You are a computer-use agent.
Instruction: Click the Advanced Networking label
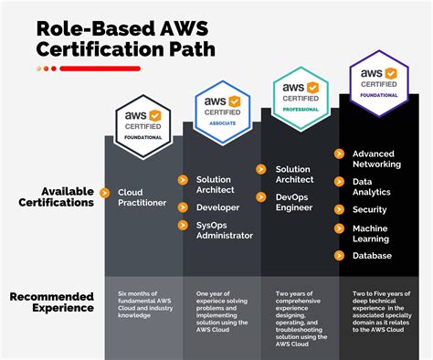pyautogui.click(x=376, y=160)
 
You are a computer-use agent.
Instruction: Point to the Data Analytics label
pyautogui.click(x=371, y=187)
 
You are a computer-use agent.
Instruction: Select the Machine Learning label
pyautogui.click(x=375, y=234)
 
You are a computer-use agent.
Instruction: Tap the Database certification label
pyautogui.click(x=372, y=256)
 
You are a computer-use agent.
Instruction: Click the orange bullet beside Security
pyautogui.click(x=340, y=209)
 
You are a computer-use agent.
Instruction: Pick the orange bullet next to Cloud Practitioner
pyautogui.click(x=108, y=193)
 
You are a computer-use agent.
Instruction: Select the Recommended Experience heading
pyautogui.click(x=52, y=302)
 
